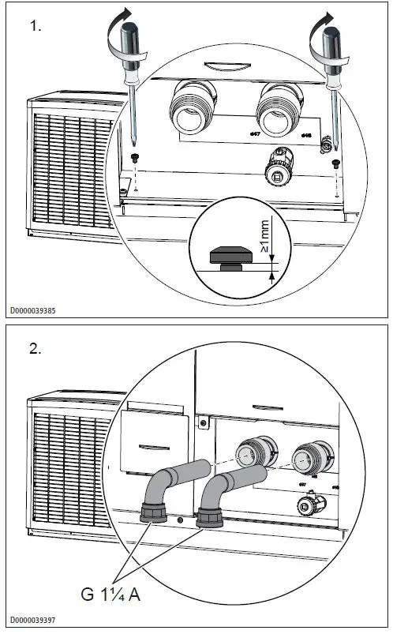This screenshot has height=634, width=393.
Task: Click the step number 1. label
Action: click(x=36, y=26)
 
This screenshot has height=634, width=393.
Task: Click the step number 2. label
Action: click(x=36, y=350)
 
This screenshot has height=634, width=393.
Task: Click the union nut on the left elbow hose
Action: click(x=153, y=514)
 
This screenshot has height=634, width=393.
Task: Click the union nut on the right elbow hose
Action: click(x=209, y=520)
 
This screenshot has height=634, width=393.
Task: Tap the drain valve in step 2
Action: click(x=308, y=502)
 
